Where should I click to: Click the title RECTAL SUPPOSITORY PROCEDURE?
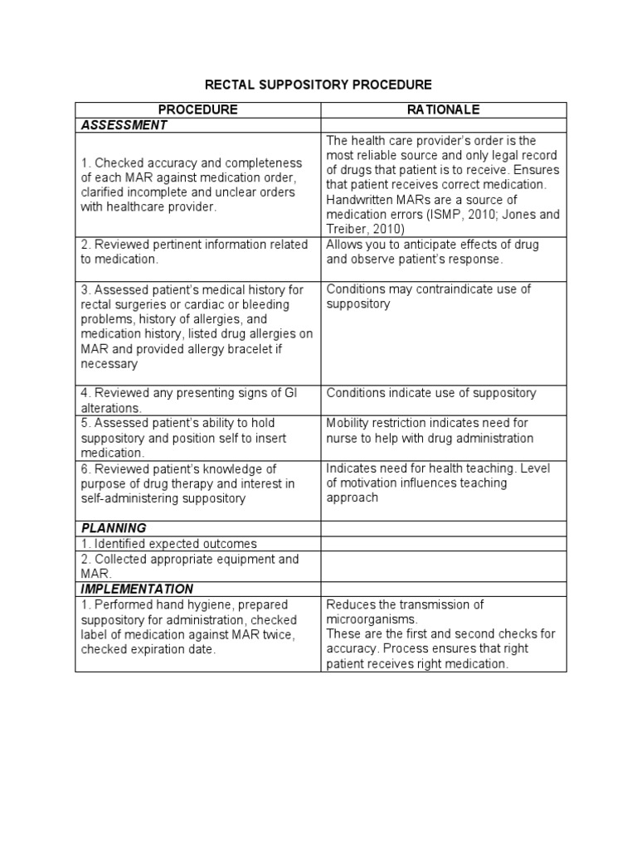319,85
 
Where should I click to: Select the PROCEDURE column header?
197,109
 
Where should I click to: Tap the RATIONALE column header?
444,109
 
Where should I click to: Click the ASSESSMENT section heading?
124,125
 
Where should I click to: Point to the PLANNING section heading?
114,527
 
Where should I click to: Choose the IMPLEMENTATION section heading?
136,589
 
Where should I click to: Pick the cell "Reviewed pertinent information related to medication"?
194,251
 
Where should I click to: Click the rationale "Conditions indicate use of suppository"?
430,393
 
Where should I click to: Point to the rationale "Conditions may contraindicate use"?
428,296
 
